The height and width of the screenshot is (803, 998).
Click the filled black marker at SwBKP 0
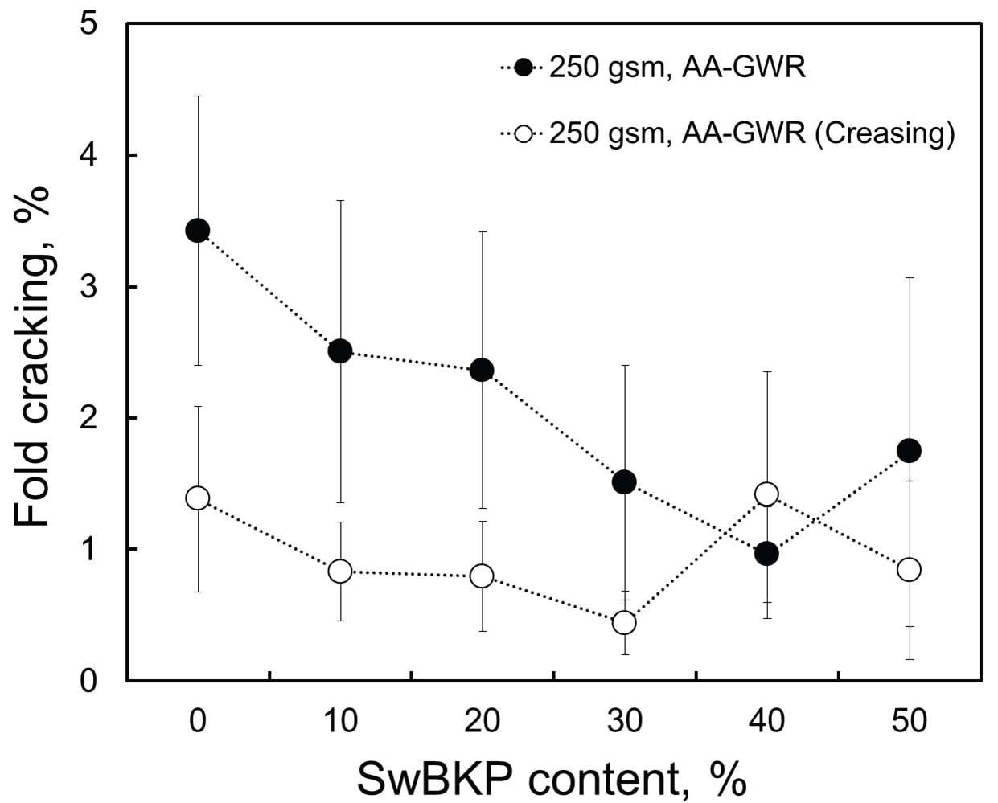(197, 231)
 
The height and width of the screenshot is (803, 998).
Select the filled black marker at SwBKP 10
(340, 350)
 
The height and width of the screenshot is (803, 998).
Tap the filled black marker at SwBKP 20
(482, 370)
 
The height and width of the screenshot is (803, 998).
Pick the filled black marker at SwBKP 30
(624, 482)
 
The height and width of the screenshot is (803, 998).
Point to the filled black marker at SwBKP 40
(766, 553)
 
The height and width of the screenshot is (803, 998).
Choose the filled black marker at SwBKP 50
(909, 450)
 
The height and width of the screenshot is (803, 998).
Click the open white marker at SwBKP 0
(197, 498)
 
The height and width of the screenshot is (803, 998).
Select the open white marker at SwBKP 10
(340, 572)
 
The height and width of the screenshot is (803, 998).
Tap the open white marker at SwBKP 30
(624, 622)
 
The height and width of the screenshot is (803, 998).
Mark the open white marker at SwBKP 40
(766, 494)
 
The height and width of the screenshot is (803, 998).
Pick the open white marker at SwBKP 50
(909, 569)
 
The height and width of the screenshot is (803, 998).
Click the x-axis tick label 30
(624, 720)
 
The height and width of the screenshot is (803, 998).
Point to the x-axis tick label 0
(197, 720)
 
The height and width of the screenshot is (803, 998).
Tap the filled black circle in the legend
(524, 68)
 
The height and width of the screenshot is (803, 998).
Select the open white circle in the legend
(524, 133)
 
